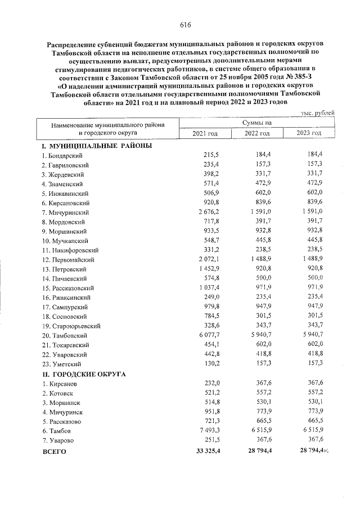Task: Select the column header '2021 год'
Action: point(205,133)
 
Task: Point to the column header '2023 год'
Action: point(309,133)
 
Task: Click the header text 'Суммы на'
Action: point(257,123)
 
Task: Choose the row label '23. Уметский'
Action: point(58,364)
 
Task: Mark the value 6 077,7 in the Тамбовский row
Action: point(205,336)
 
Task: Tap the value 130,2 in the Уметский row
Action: point(209,364)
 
